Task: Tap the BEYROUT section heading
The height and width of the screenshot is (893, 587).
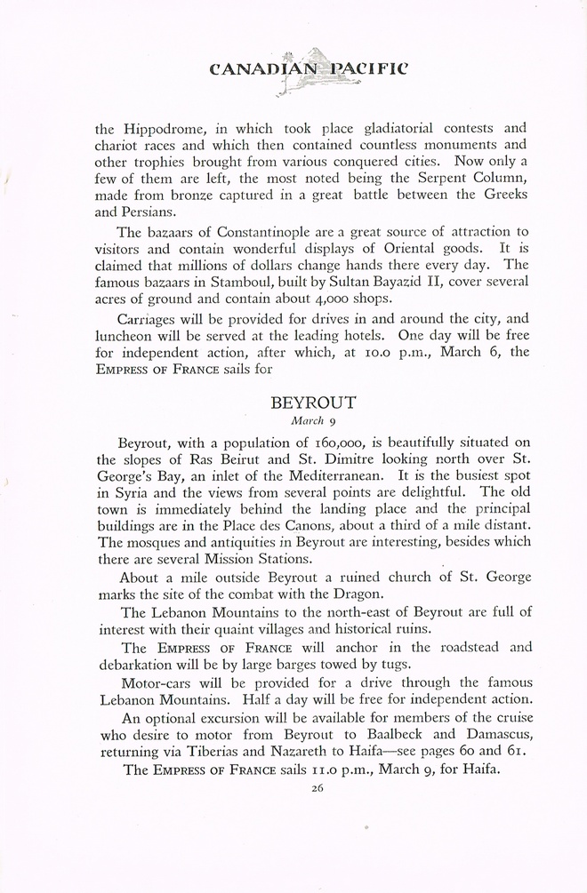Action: [313, 402]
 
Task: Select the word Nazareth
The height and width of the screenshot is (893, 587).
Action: [333, 752]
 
